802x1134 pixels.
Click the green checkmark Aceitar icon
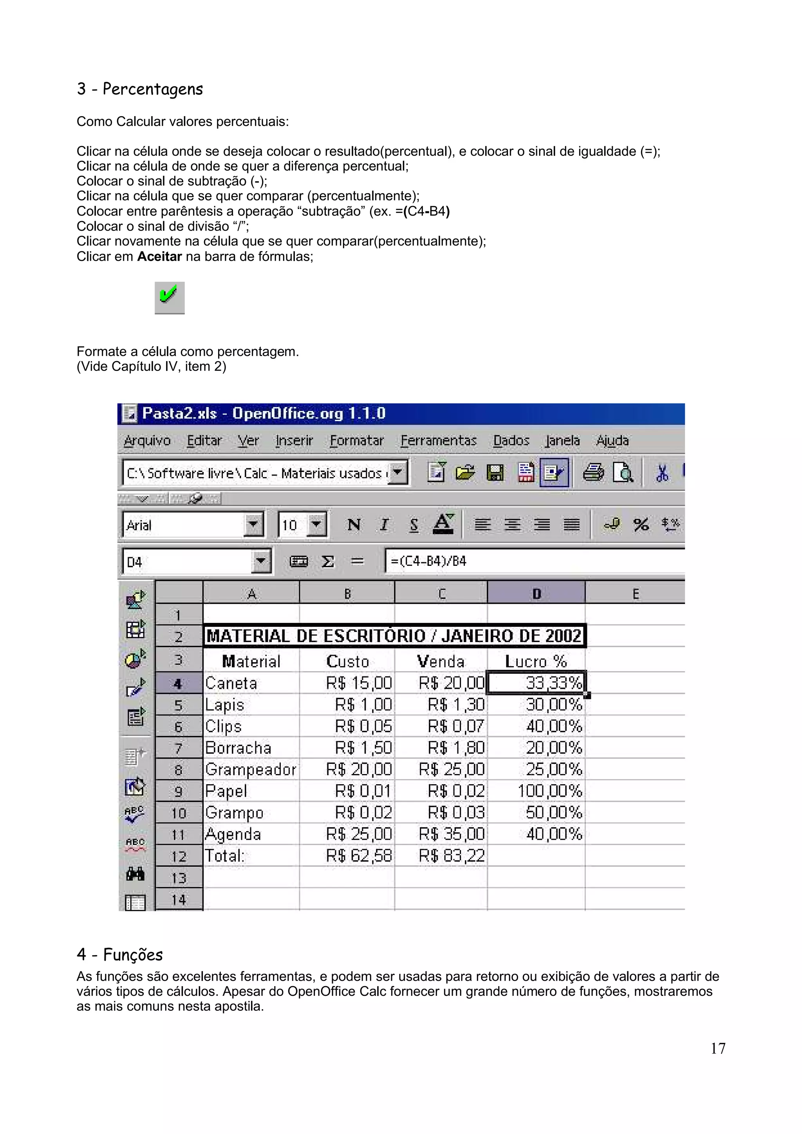tap(169, 297)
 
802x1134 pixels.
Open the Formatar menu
tap(356, 440)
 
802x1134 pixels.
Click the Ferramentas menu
tap(438, 440)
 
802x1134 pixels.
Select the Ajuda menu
tap(612, 440)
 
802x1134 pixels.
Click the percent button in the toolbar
tap(641, 524)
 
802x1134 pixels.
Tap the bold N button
tap(354, 524)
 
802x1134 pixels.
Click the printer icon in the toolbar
tap(593, 473)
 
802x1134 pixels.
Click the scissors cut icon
tap(662, 473)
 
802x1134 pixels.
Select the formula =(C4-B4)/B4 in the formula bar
tap(428, 561)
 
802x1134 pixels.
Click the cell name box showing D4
tap(188, 562)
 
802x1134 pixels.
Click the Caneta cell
tap(231, 683)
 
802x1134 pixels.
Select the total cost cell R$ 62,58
tap(359, 855)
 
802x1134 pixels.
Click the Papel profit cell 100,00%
tap(549, 791)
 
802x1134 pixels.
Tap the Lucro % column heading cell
tap(536, 661)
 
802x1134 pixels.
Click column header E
tap(636, 593)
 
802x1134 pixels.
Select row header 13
tap(179, 878)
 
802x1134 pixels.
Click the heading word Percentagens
tap(152, 89)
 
